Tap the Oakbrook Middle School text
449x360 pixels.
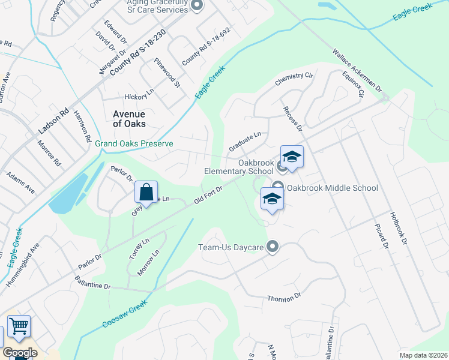pos(332,188)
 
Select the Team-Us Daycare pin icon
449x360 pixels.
pos(273,247)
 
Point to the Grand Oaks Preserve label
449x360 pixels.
pos(134,144)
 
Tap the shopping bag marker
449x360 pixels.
pos(146,193)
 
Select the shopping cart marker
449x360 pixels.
pos(19,327)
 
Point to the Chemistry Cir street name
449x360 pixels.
pos(294,79)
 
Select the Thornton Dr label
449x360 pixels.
pos(284,298)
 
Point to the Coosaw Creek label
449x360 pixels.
pos(124,314)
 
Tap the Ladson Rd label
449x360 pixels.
pos(54,119)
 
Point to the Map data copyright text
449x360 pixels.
pos(423,355)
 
